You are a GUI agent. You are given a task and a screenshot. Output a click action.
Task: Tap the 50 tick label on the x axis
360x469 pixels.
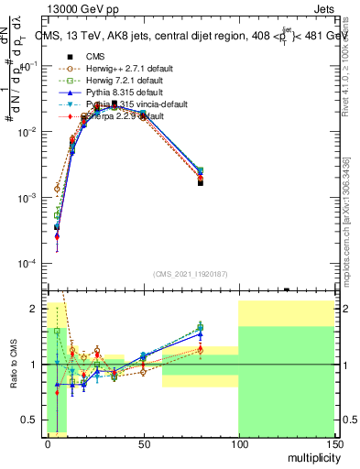click(x=143, y=442)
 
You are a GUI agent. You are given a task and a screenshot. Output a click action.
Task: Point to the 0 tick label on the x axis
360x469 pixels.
click(x=48, y=442)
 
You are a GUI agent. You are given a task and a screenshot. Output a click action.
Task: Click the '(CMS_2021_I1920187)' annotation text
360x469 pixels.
click(x=191, y=272)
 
